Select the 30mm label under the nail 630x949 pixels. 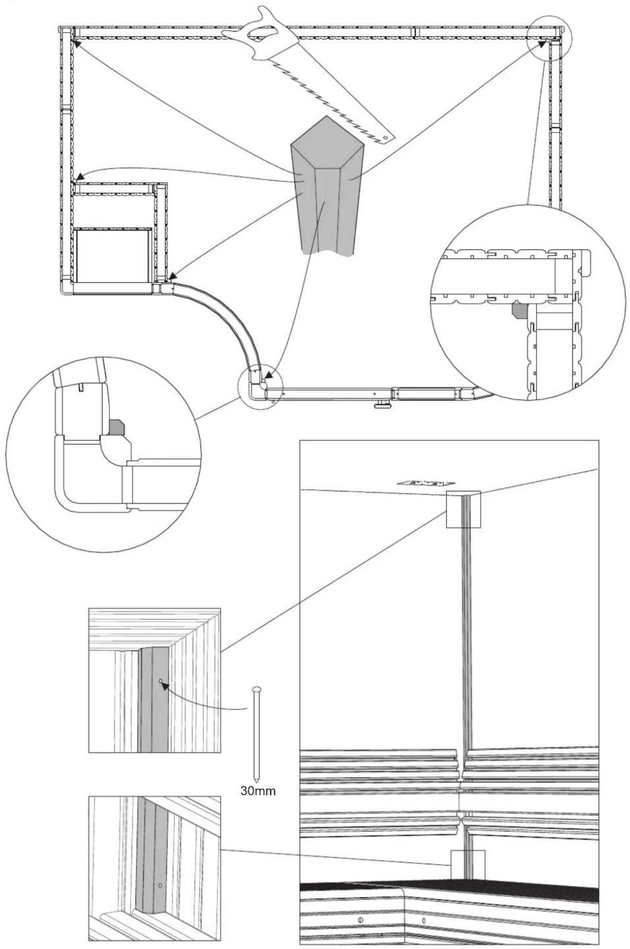(258, 791)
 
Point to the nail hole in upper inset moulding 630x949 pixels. (161, 681)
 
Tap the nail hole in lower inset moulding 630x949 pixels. (160, 885)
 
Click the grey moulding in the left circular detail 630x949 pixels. (116, 427)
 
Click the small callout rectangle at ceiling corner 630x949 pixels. (463, 509)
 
